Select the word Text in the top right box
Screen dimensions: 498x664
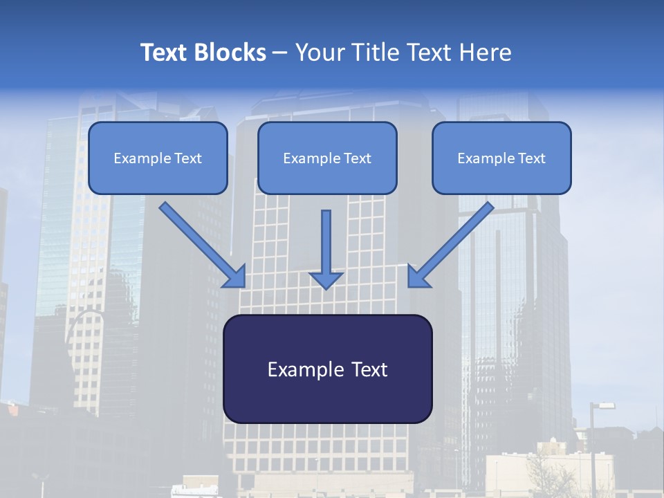click(531, 158)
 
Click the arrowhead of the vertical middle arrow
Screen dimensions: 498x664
click(326, 280)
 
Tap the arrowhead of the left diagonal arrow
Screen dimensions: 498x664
click(236, 277)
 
